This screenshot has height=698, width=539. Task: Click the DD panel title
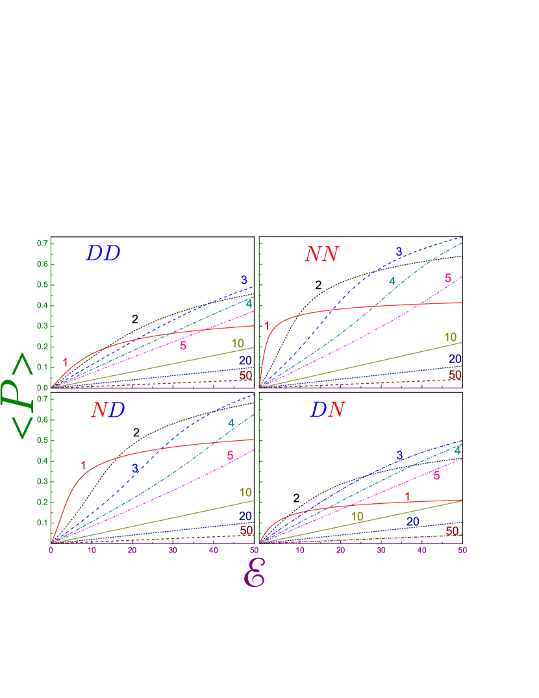103,254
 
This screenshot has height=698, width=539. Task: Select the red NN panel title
321,255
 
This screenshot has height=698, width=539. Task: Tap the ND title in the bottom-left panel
108,410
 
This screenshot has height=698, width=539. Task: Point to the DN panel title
328,410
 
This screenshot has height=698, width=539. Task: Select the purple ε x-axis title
254,574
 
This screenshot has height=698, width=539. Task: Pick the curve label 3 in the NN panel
399,252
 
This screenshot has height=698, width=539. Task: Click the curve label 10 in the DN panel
357,517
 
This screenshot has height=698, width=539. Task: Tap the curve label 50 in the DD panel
245,376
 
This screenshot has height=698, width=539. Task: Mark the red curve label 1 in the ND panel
83,465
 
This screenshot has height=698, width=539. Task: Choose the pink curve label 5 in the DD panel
183,346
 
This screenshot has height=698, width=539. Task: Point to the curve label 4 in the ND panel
231,423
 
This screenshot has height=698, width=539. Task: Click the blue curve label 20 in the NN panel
455,359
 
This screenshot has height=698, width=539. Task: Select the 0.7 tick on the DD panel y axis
43,243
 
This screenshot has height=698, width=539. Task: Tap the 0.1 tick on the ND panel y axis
43,523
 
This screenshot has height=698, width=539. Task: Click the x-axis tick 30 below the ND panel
173,551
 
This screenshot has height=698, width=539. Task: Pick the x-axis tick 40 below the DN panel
421,551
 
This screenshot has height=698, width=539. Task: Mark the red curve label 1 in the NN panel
266,326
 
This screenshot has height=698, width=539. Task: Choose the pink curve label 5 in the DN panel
436,476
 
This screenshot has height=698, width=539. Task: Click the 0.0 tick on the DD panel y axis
43,388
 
